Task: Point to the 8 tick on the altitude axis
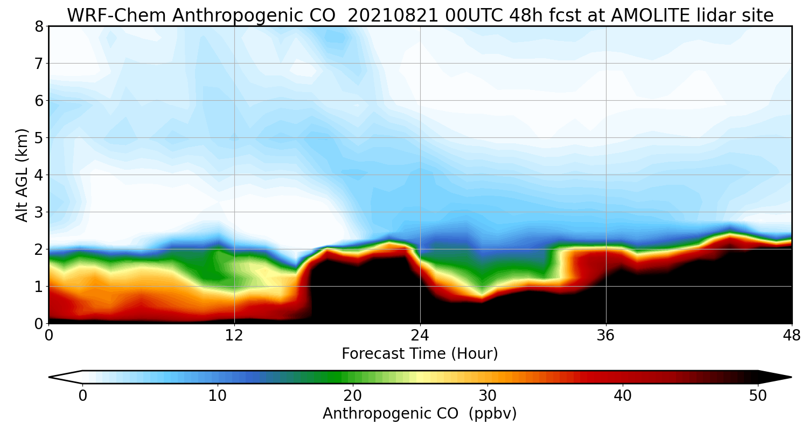tap(39, 26)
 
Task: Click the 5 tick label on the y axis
tap(39, 138)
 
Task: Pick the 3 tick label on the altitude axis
tap(39, 212)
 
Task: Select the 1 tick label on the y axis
tap(39, 287)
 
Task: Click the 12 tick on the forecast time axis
tap(234, 335)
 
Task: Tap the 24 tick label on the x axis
tap(420, 335)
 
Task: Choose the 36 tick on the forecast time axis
tap(606, 335)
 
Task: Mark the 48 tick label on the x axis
tap(791, 335)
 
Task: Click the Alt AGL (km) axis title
tap(22, 175)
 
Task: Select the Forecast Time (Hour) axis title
tap(420, 354)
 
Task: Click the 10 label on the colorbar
tap(218, 396)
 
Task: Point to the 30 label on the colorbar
tap(488, 396)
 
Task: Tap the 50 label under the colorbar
tap(758, 396)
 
